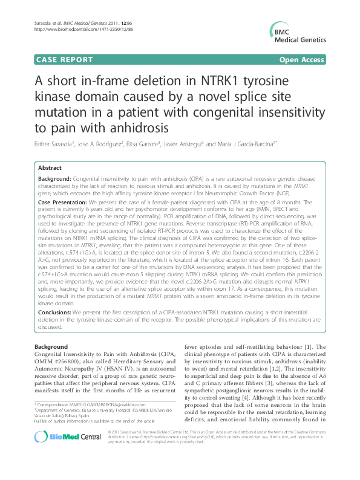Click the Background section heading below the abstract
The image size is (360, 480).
[51, 346]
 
